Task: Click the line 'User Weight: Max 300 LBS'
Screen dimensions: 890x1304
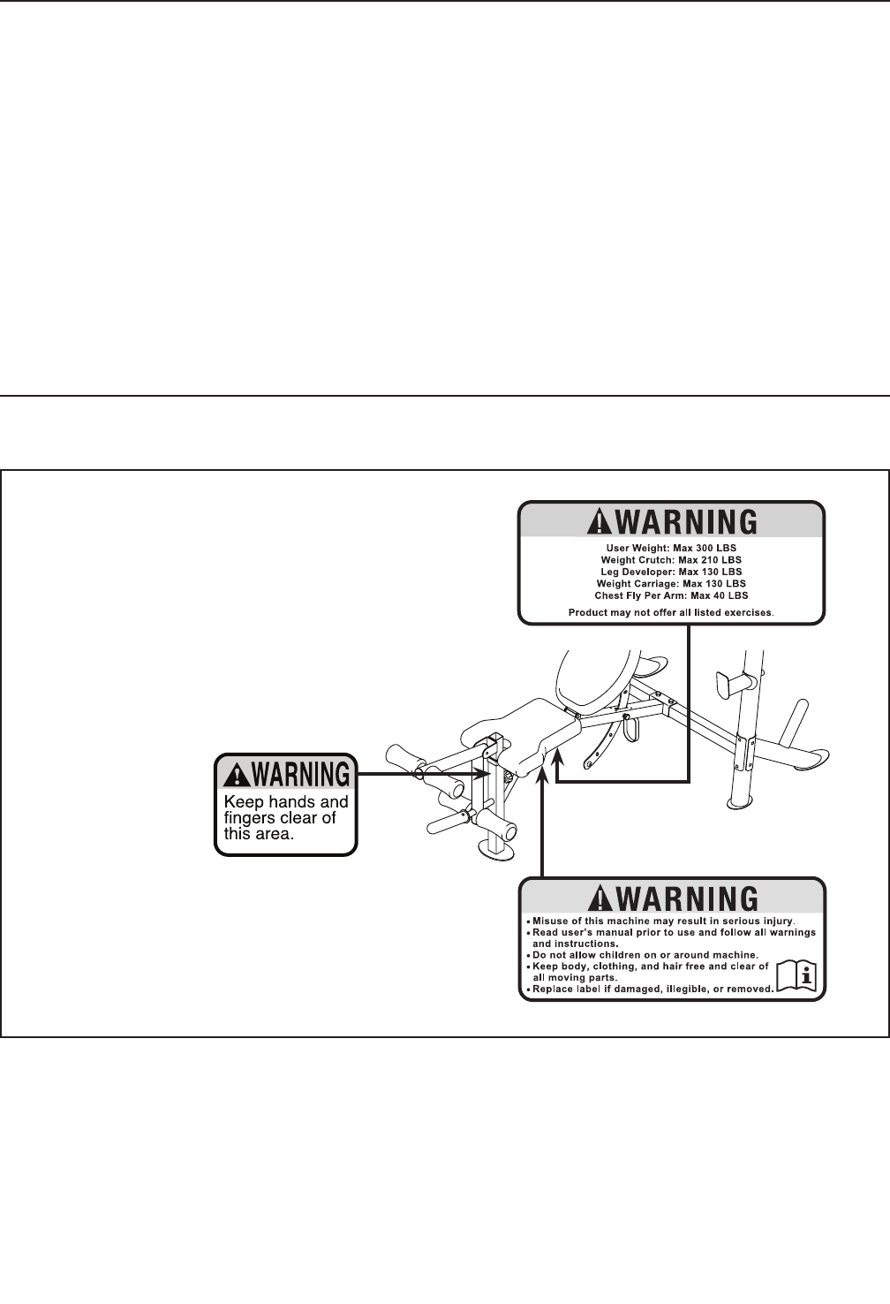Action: click(671, 549)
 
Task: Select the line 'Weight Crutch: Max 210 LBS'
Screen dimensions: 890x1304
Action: click(671, 560)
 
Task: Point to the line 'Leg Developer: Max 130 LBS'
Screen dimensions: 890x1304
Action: click(671, 572)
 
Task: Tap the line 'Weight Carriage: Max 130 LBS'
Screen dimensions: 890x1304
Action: click(671, 583)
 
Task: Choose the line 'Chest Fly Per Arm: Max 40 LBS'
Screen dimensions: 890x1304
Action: click(671, 595)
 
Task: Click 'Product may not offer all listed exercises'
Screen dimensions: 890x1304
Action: click(671, 612)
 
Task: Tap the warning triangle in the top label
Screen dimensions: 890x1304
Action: click(600, 521)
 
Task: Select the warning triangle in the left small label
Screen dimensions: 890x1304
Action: click(237, 776)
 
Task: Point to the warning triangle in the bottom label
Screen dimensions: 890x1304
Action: click(600, 898)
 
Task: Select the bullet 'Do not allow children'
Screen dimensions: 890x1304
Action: click(645, 955)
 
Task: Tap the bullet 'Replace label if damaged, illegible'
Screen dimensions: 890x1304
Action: click(652, 989)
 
